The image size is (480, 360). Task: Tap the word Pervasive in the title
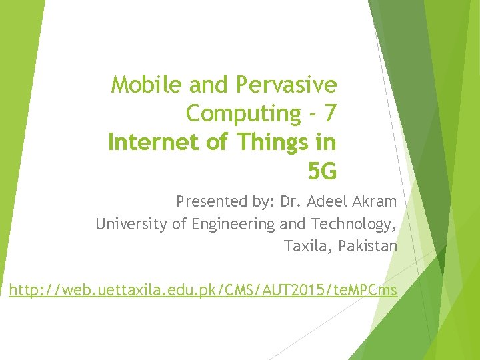tap(285, 85)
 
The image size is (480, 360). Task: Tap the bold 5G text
tap(322, 172)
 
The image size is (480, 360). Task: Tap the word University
tap(131, 224)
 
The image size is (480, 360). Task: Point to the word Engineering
tap(233, 225)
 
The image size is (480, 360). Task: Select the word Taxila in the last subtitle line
tap(307, 247)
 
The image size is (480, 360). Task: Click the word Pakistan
tap(368, 247)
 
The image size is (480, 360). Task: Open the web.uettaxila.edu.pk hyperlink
tap(203, 290)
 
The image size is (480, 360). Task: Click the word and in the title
tap(209, 85)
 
